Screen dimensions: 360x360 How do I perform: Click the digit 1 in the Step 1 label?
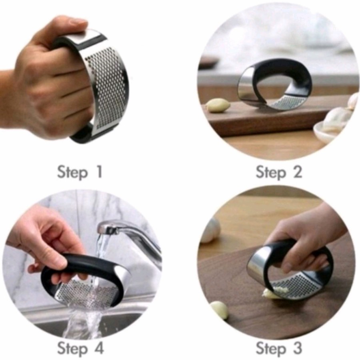pyautogui.click(x=100, y=172)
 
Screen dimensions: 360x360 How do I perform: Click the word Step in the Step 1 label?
pyautogui.click(x=72, y=172)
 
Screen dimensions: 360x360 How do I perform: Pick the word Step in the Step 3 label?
pyautogui.click(x=271, y=348)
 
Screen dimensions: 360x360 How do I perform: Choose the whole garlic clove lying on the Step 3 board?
pyautogui.click(x=220, y=310)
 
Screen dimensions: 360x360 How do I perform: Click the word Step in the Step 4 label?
pyautogui.click(x=72, y=348)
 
